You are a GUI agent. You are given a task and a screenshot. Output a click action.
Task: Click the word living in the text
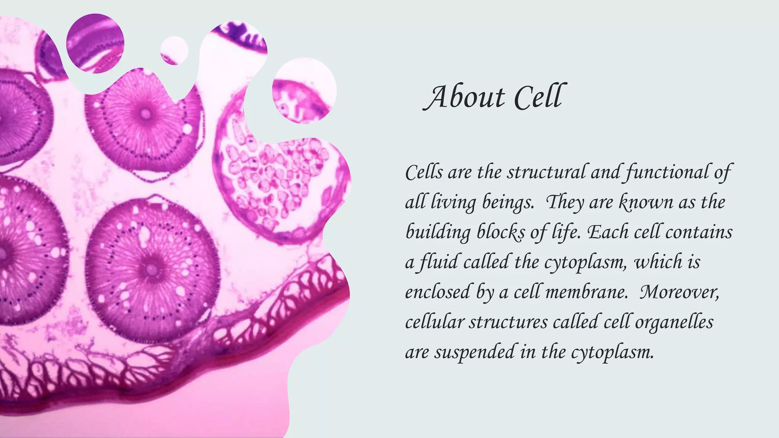pyautogui.click(x=453, y=202)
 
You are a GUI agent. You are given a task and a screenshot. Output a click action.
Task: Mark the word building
pyautogui.click(x=438, y=232)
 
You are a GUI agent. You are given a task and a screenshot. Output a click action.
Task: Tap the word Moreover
pyautogui.click(x=679, y=292)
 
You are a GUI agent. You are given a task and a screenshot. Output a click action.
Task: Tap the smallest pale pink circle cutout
pyautogui.click(x=174, y=51)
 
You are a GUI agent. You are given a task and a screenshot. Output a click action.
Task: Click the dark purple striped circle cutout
pyautogui.click(x=95, y=43)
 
